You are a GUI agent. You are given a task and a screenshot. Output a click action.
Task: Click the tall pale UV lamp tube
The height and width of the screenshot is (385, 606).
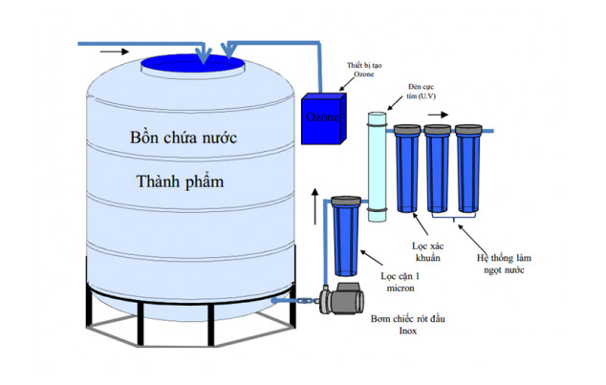378,167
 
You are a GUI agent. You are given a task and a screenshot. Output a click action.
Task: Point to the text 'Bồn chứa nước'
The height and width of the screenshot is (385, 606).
184,138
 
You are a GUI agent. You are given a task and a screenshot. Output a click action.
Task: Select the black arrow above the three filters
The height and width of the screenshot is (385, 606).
438,113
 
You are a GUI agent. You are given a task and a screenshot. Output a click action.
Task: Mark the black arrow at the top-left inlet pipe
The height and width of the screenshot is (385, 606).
112,50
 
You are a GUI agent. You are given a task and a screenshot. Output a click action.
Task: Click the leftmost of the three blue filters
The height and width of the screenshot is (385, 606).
406,172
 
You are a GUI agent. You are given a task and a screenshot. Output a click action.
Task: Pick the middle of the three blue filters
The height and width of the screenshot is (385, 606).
438,172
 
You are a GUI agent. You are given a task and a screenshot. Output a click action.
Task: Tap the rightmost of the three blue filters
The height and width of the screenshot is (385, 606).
468,172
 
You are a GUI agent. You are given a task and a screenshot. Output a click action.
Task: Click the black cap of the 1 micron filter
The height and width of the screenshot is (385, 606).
344,202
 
